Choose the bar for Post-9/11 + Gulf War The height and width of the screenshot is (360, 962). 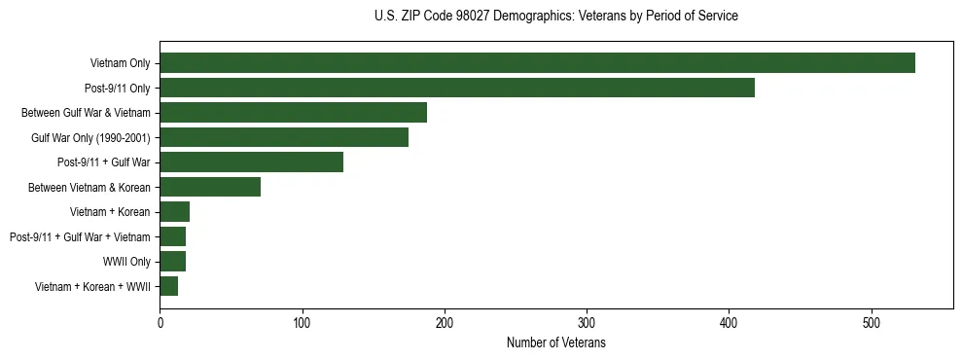click(x=251, y=162)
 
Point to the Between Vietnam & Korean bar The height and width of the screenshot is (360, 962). click(x=210, y=187)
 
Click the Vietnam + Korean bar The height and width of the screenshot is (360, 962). click(x=175, y=212)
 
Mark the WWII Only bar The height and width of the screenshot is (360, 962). click(x=173, y=261)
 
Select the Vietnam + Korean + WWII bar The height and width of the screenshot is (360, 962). click(x=169, y=286)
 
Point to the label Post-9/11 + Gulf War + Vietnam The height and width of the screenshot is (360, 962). click(x=80, y=237)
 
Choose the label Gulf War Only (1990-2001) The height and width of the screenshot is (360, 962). click(x=90, y=138)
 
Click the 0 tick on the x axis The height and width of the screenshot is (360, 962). click(x=160, y=322)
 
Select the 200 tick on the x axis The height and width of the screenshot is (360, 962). click(x=445, y=322)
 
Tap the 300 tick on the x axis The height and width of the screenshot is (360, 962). click(x=587, y=322)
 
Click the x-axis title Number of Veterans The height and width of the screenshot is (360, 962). click(x=556, y=342)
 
